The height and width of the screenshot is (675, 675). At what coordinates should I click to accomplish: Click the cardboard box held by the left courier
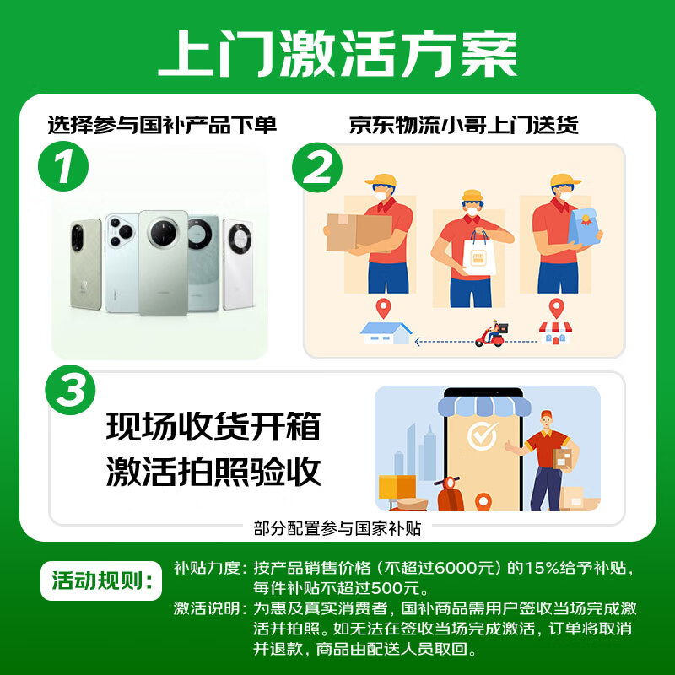coord(358,231)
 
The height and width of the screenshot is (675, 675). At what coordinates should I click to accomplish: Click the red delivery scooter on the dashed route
coord(491,335)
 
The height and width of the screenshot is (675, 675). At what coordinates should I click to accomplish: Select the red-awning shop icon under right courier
coord(554,332)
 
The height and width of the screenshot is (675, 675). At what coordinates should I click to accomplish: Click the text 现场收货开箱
coord(213,428)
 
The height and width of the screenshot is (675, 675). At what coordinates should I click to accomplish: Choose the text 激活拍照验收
coord(213,472)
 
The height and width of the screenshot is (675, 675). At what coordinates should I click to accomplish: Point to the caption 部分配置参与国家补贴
coord(337,529)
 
